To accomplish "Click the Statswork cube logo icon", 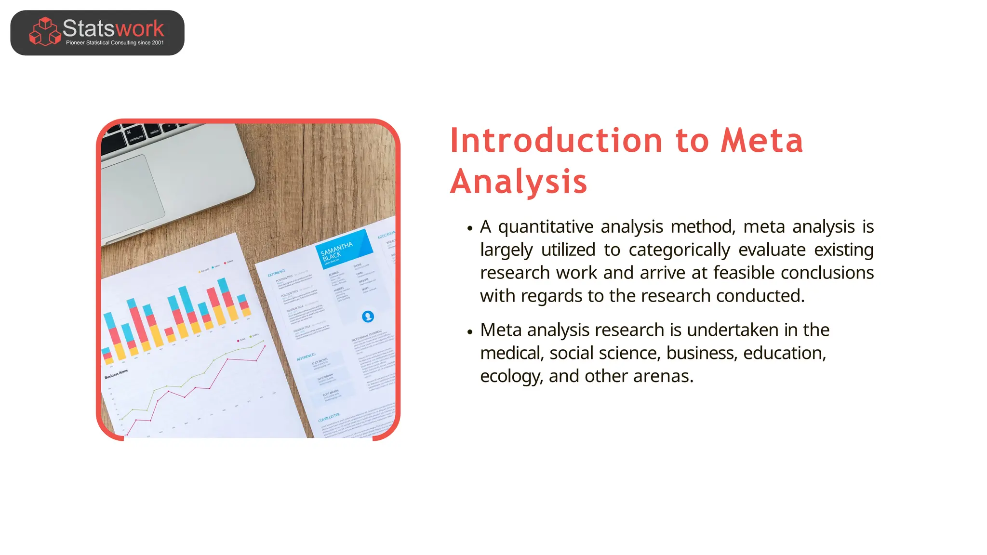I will [x=45, y=32].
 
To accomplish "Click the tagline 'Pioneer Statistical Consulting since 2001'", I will [x=115, y=43].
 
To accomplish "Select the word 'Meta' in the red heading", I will [x=762, y=141].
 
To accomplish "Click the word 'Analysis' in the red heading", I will [x=519, y=182].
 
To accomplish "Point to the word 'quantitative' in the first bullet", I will [x=546, y=226].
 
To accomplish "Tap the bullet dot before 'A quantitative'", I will [x=470, y=228].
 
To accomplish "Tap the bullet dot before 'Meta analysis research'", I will [x=470, y=331].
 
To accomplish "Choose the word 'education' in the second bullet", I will [x=783, y=353].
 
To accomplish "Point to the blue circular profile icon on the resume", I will [x=368, y=317].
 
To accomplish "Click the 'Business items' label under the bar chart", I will [x=116, y=374].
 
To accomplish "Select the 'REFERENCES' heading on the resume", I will [x=306, y=357].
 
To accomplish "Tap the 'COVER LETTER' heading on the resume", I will [x=329, y=417].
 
